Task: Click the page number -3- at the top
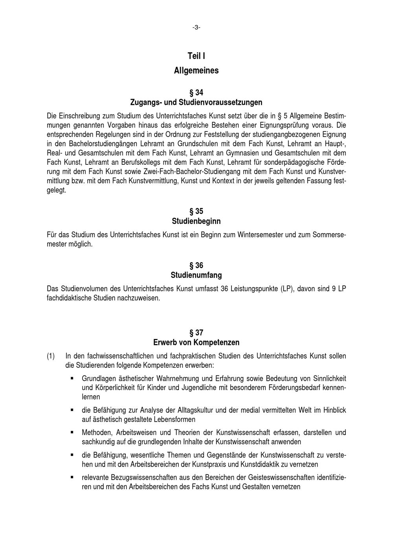[196, 27]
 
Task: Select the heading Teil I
[196, 56]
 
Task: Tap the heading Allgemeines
[196, 71]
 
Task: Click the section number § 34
[196, 93]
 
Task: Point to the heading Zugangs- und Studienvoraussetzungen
[196, 103]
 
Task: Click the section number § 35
[196, 212]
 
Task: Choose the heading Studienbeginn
[196, 221]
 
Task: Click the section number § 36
[196, 266]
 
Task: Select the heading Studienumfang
[196, 275]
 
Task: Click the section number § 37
[196, 333]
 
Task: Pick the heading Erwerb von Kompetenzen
[196, 342]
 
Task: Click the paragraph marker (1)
[51, 356]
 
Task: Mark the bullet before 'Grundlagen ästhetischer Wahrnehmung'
[72, 378]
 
